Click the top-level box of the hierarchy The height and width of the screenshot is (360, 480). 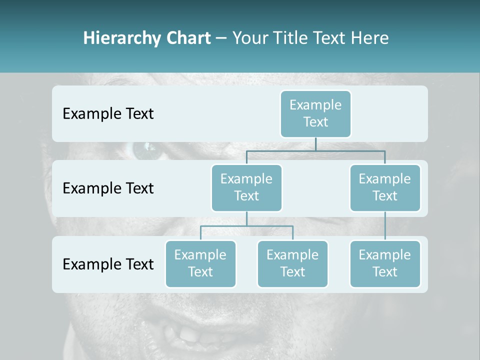[x=315, y=113]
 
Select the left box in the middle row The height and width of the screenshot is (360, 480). [x=246, y=187]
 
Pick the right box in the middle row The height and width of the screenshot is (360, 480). [x=384, y=187]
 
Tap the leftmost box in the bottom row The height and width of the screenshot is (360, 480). [x=200, y=263]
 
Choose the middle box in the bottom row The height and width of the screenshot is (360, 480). [x=292, y=263]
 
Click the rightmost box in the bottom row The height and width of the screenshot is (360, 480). [x=384, y=263]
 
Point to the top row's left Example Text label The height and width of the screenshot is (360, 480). [x=108, y=113]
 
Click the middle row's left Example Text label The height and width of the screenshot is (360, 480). [x=108, y=188]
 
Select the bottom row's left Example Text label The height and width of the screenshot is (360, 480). [x=108, y=264]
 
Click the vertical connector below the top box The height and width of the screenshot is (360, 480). [x=315, y=144]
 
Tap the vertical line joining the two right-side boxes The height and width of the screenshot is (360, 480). [x=384, y=226]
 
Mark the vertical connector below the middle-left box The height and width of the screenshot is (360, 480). [x=246, y=218]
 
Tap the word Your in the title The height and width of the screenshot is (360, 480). [x=250, y=38]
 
